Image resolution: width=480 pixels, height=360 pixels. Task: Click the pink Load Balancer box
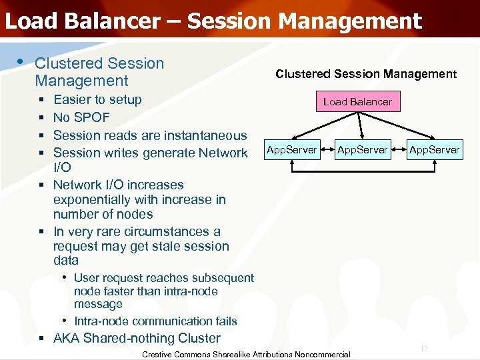[357, 102]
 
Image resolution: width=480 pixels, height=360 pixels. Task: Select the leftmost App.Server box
[291, 150]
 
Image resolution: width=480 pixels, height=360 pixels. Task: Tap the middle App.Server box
[362, 150]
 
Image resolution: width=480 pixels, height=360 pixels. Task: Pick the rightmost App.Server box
[434, 150]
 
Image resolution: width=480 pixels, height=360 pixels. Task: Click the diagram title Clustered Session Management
[366, 74]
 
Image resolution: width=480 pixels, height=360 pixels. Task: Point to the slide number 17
[423, 349]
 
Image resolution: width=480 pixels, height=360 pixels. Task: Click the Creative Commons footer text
[246, 355]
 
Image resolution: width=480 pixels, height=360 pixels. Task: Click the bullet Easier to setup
[97, 100]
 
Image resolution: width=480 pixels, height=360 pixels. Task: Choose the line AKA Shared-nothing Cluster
[137, 338]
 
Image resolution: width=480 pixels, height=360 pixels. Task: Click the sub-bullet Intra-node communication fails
[155, 321]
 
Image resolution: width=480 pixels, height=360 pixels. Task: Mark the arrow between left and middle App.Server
[327, 150]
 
